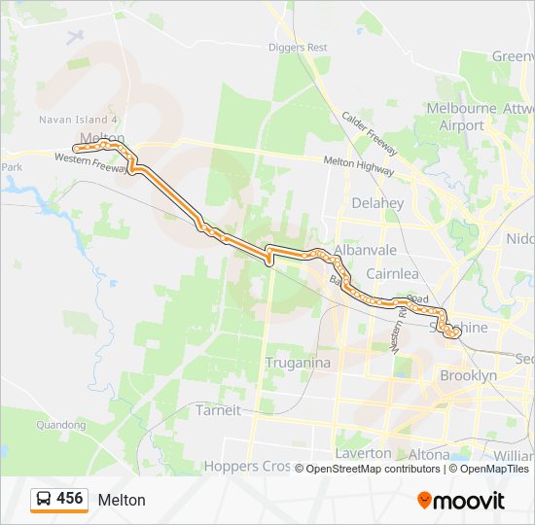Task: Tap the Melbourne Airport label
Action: [x=461, y=117]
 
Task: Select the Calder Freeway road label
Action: [x=369, y=133]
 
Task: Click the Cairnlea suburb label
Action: [x=392, y=273]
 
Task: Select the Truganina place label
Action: [x=299, y=363]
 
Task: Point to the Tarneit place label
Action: [x=219, y=409]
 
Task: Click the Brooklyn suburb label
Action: [x=468, y=375]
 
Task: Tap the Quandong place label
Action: [x=60, y=425]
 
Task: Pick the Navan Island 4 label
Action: [x=78, y=120]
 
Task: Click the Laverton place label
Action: [x=363, y=453]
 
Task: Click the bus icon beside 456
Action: [x=45, y=499]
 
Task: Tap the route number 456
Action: [x=70, y=499]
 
